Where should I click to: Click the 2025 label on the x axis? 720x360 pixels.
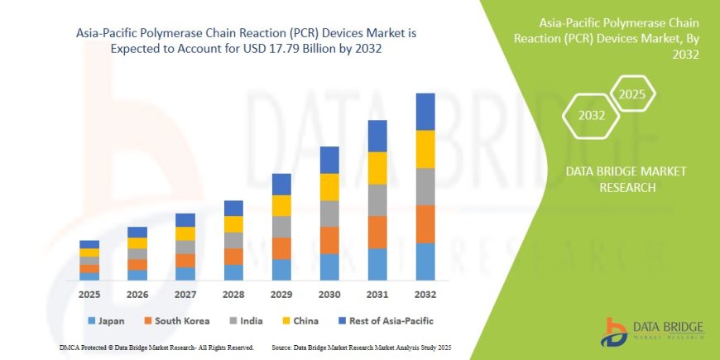[89, 294]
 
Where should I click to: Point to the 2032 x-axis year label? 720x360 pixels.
[425, 294]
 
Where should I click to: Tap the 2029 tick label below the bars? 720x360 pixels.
[281, 294]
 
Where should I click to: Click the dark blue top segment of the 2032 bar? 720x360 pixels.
[425, 112]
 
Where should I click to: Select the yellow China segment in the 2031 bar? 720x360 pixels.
[377, 168]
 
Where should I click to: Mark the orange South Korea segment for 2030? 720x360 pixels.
[329, 240]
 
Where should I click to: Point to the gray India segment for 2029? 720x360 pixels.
[281, 227]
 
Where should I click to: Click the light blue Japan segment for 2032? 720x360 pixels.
[425, 262]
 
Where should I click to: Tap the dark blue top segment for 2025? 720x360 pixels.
[89, 244]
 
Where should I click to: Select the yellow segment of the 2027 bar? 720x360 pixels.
[185, 233]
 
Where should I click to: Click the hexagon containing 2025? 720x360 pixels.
[632, 94]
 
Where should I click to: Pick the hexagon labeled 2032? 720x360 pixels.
[591, 116]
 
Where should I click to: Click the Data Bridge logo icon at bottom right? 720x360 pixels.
[616, 332]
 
